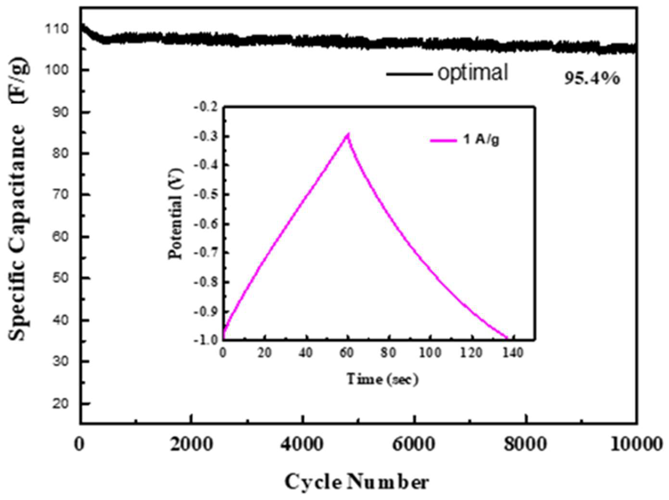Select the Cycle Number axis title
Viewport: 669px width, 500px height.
[x=357, y=482]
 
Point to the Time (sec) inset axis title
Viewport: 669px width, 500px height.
[x=382, y=379]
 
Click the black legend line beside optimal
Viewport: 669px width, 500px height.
[x=409, y=74]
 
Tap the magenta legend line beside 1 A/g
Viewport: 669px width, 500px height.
[x=443, y=140]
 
